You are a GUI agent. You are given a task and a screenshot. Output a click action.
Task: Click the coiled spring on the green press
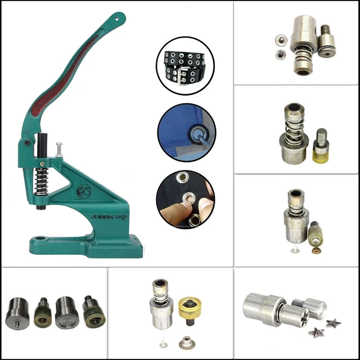coord(41,178)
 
